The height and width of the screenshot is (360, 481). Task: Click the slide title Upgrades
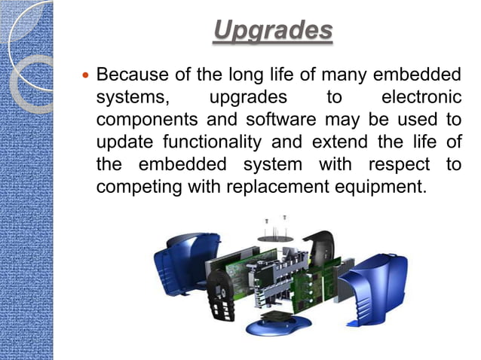pos(272,31)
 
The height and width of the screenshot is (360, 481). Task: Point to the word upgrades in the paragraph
pos(248,99)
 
